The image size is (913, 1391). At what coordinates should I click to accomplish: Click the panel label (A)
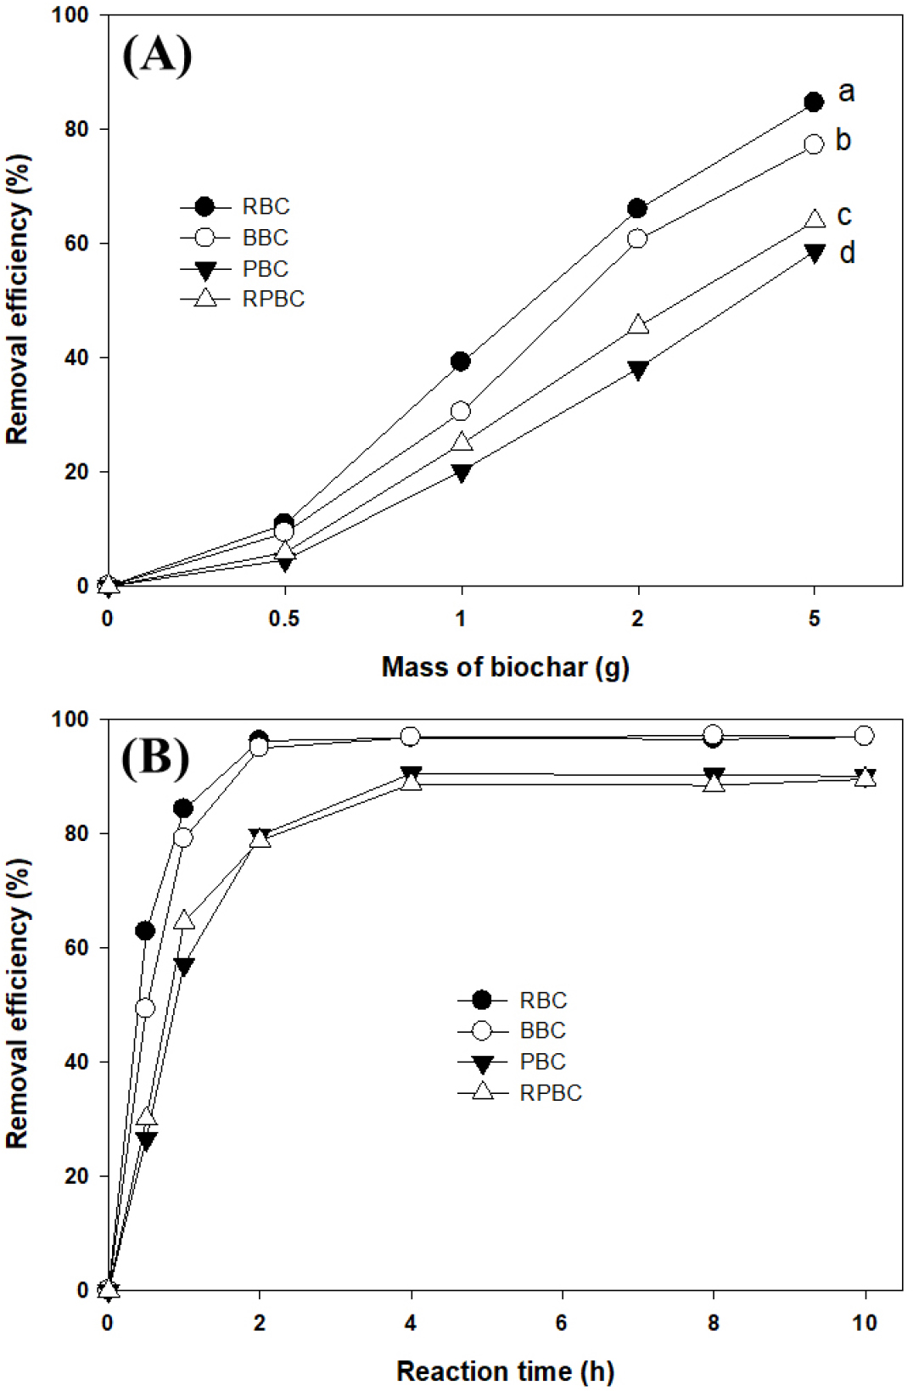(157, 56)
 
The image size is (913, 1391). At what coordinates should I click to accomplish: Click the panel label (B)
(155, 756)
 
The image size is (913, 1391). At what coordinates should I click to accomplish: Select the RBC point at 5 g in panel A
(814, 102)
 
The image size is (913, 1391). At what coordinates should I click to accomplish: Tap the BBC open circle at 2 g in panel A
(637, 238)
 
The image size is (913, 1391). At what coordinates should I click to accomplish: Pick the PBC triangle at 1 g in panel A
(462, 472)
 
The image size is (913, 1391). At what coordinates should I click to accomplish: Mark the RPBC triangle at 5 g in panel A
(814, 219)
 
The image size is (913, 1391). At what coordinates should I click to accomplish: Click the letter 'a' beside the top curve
(846, 91)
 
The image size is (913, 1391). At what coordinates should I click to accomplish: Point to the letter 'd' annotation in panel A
(847, 253)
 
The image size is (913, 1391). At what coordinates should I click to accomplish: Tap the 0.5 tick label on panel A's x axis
(284, 619)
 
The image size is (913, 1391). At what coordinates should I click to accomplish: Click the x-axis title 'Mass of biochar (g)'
(505, 667)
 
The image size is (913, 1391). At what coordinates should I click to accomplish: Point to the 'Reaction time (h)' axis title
(505, 1371)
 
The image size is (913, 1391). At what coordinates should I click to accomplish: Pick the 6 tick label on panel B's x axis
(562, 1322)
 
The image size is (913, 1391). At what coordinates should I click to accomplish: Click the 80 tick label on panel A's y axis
(76, 129)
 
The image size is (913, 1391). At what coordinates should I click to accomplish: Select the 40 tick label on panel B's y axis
(76, 1062)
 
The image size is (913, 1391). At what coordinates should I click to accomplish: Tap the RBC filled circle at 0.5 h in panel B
(145, 931)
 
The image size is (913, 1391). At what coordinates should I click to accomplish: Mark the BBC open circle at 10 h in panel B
(865, 736)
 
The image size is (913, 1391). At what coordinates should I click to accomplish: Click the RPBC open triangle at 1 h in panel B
(183, 921)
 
